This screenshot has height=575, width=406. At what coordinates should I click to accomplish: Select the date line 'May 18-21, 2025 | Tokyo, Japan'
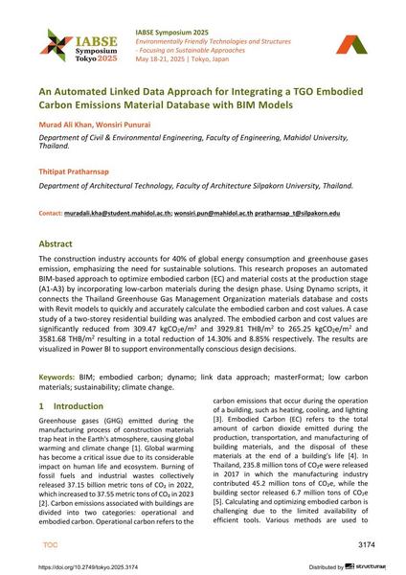[192, 56]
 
